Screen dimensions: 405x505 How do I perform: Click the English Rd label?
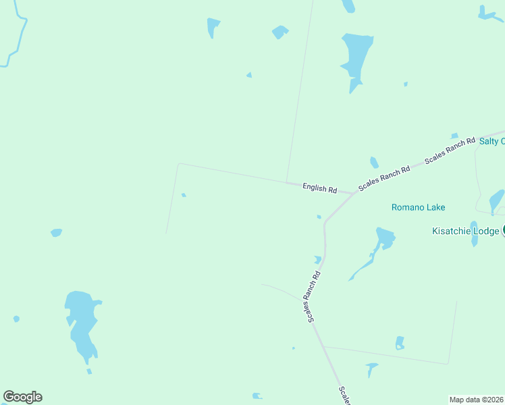[x=319, y=189]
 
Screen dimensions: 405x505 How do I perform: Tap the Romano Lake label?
[x=419, y=207]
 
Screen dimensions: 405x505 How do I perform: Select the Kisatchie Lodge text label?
[x=466, y=231]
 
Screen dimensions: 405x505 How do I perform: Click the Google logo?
[x=22, y=397]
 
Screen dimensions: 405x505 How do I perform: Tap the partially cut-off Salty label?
[x=491, y=141]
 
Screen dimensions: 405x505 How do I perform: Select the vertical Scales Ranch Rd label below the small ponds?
[x=311, y=297]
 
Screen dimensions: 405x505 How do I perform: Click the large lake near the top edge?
[x=356, y=57]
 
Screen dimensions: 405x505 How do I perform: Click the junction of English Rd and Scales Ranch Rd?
[x=353, y=194]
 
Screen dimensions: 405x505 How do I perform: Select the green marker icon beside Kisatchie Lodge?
[x=504, y=231]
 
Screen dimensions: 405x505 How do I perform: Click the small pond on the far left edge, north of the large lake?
[x=56, y=233]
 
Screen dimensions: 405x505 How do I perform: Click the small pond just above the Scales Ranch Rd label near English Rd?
[x=374, y=163]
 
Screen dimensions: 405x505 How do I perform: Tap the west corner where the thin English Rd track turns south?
[x=178, y=164]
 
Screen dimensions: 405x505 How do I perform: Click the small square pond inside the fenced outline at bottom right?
[x=400, y=343]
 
